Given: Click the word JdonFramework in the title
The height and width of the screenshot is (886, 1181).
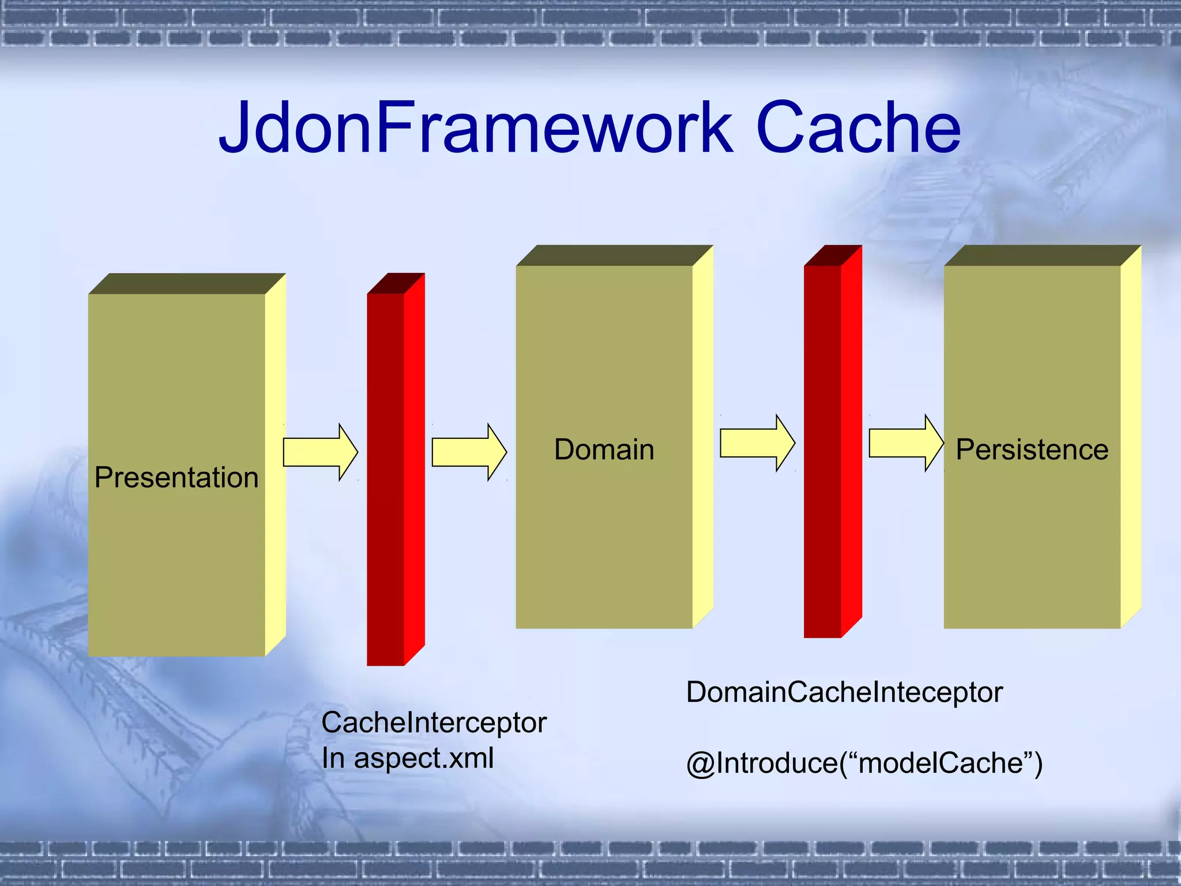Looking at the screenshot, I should [x=476, y=128].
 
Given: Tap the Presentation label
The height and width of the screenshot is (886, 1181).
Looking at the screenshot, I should [x=176, y=478].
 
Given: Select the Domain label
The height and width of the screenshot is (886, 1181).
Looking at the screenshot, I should [x=604, y=449].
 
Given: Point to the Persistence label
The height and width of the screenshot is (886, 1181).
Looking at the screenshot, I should [x=1032, y=449].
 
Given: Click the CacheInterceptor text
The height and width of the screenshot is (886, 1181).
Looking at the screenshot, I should [x=434, y=723].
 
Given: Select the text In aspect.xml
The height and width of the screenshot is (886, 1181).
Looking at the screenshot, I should [x=407, y=758].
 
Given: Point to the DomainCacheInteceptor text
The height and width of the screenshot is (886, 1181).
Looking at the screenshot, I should [x=844, y=692].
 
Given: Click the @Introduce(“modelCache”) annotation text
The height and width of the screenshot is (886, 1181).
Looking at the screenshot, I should [x=864, y=763].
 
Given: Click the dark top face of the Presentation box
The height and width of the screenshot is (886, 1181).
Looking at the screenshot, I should [x=186, y=284].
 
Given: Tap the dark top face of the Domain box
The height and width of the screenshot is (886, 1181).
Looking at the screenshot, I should [x=614, y=256].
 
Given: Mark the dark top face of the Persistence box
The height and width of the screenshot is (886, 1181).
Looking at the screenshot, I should [x=1042, y=256].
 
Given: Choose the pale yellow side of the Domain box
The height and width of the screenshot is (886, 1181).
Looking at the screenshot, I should [x=703, y=438].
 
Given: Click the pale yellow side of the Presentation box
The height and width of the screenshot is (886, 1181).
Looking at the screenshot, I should [x=276, y=467].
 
